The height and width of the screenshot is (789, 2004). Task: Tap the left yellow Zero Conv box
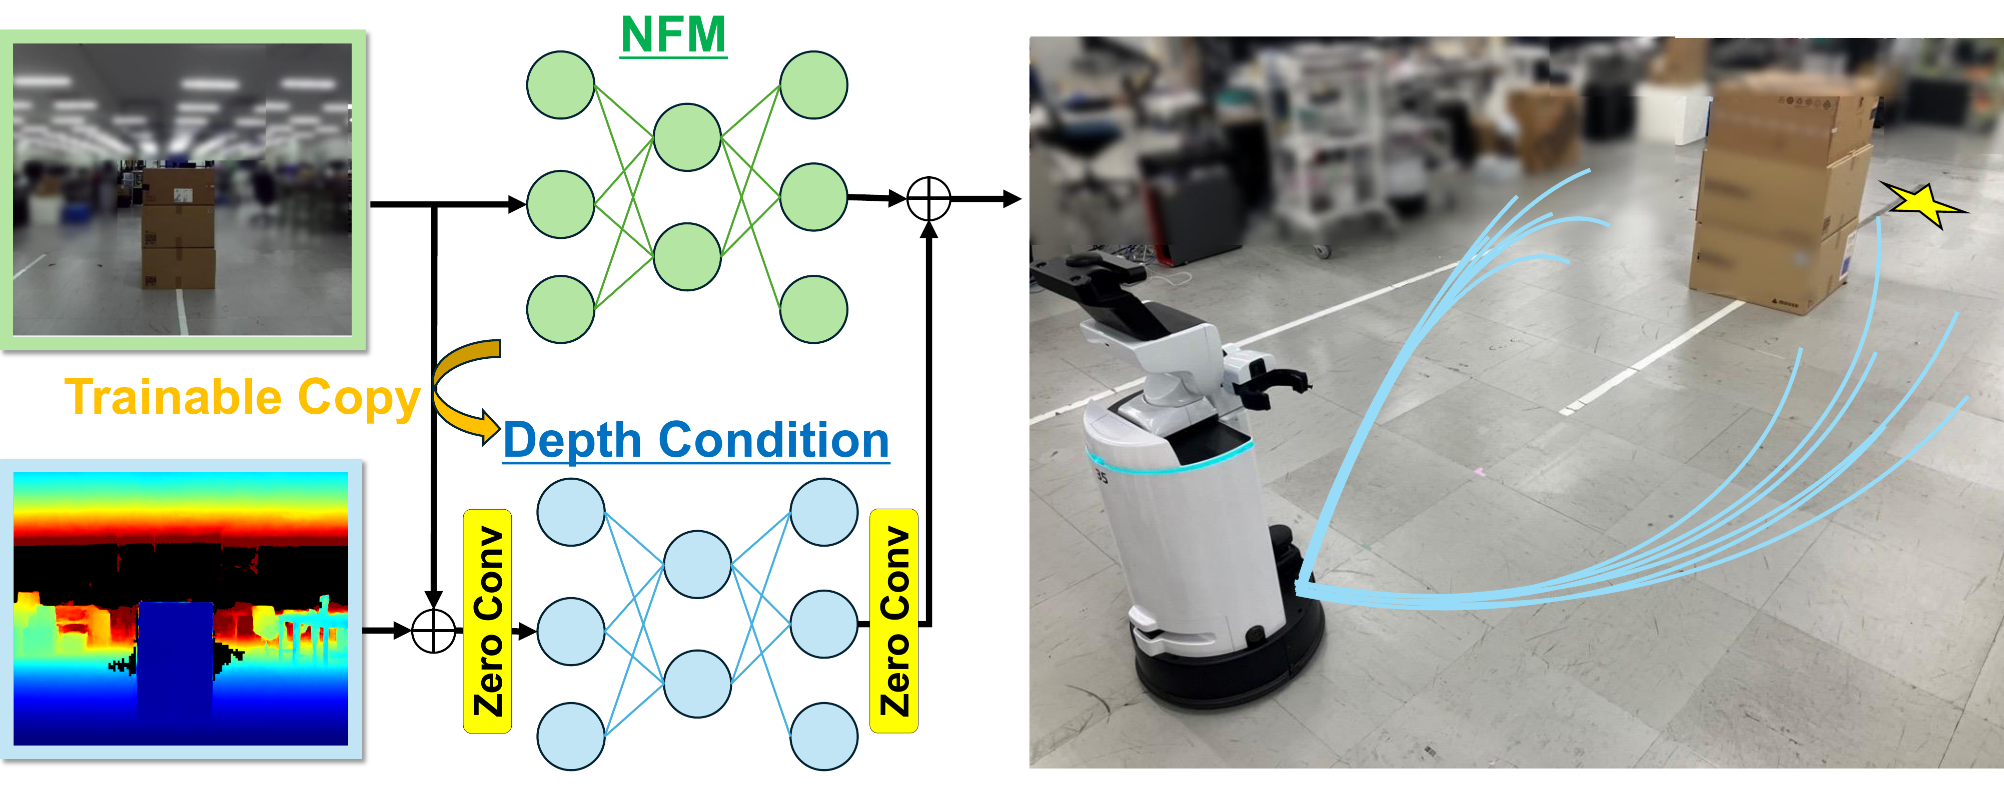point(487,621)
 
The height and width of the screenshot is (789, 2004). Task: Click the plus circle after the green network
point(929,199)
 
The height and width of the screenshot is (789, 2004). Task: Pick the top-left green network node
point(561,85)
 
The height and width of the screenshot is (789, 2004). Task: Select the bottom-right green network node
point(814,309)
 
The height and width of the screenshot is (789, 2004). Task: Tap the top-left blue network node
point(571,512)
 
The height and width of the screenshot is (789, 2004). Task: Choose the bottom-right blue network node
point(824,736)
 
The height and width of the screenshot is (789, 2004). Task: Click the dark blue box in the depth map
point(176,658)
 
